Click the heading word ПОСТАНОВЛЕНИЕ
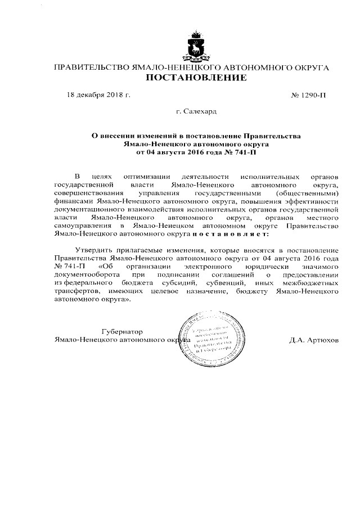click(196, 78)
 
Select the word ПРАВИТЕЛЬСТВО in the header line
click(91, 67)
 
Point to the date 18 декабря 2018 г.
click(98, 94)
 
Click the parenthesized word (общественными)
click(309, 193)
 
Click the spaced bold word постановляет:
click(230, 234)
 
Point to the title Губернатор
click(122, 332)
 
